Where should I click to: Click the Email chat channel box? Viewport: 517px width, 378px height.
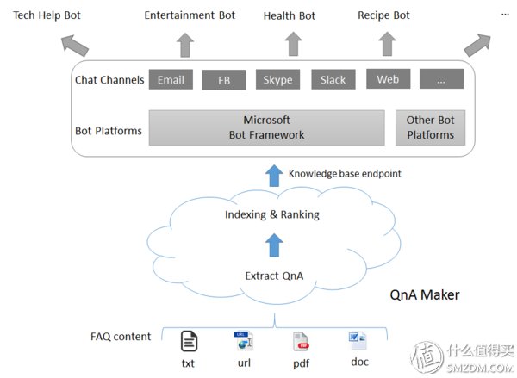171,79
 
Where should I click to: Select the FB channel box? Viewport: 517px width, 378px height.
224,80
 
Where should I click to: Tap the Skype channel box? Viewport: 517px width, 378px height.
278,79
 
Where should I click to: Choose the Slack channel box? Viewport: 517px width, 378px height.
333,79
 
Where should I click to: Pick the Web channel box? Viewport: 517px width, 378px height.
389,78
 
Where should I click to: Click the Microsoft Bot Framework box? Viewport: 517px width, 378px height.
267,127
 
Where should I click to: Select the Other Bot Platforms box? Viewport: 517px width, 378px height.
430,127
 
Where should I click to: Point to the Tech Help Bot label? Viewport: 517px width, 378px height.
47,15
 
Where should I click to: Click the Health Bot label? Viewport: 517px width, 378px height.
290,15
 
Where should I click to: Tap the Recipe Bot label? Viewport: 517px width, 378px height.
383,15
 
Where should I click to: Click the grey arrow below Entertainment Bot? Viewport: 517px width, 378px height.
185,45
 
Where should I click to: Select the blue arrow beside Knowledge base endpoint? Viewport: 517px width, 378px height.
274,176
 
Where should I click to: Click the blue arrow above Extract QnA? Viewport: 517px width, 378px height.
274,245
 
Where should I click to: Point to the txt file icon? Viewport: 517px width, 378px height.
190,341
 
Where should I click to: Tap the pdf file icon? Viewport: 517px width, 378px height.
301,342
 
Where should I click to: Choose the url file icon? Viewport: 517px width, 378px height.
243,340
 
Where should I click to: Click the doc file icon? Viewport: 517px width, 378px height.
358,340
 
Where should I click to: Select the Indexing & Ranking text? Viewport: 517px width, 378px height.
272,214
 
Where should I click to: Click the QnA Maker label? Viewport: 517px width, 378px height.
425,295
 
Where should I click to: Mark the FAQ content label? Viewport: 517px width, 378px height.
121,337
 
